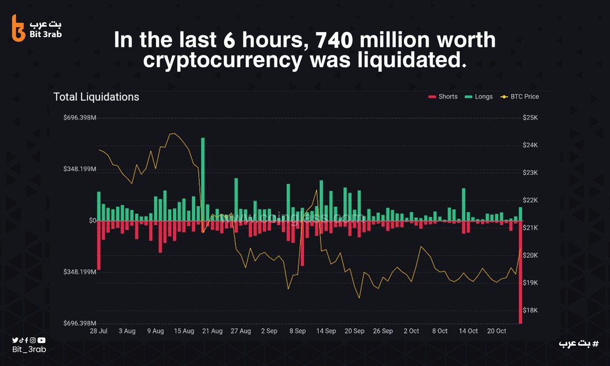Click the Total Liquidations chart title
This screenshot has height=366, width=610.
[x=96, y=97]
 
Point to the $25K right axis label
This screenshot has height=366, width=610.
[x=530, y=118]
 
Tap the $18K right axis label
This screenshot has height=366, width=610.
[x=530, y=311]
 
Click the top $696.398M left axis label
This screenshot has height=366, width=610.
[x=79, y=118]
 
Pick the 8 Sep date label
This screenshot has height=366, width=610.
[x=297, y=331]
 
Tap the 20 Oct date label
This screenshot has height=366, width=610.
[x=497, y=331]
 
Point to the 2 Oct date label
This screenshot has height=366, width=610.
[x=411, y=331]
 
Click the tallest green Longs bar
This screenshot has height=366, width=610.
[x=203, y=178]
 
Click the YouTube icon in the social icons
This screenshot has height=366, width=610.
[x=42, y=340]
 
